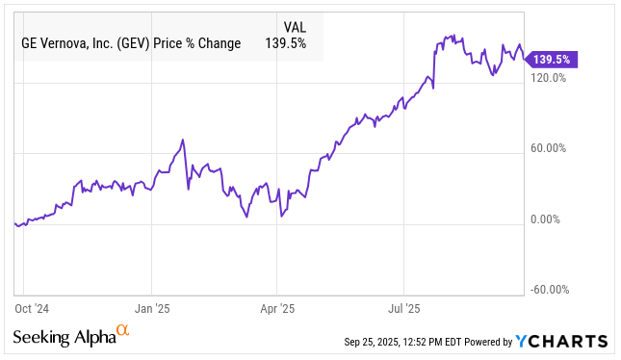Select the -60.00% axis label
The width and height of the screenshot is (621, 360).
(552, 290)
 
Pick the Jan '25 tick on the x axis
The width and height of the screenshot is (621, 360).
(152, 309)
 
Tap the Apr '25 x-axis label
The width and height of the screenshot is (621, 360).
(277, 309)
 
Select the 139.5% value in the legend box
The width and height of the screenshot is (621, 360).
(286, 43)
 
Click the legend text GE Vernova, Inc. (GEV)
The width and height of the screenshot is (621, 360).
(84, 43)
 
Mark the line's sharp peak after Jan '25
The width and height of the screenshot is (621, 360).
(182, 141)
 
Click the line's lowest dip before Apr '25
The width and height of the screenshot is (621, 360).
(246, 218)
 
